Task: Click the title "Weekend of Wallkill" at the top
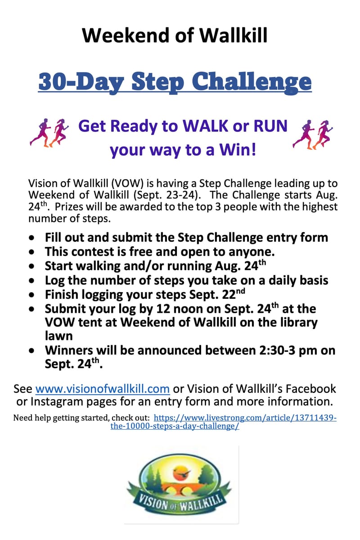[175, 35]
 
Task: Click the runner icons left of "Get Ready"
[49, 133]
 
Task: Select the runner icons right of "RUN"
[312, 134]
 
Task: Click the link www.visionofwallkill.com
[102, 389]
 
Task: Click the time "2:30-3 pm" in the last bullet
[269, 351]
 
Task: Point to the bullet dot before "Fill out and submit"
[31, 238]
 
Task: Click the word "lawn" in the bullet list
[58, 336]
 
